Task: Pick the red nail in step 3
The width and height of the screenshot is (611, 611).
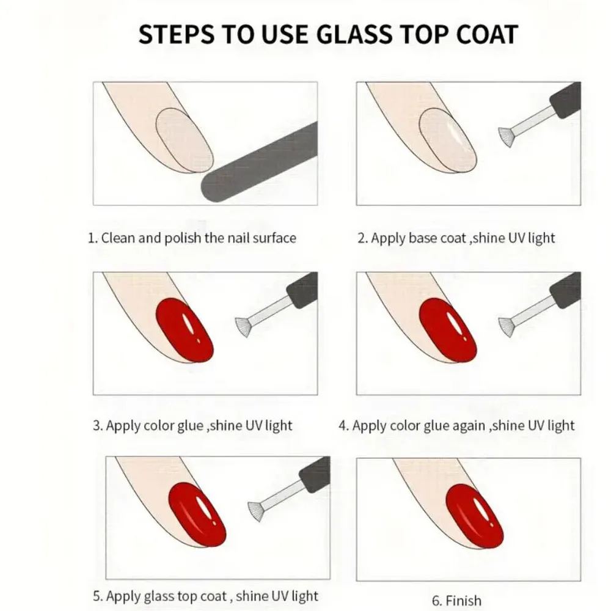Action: tap(185, 330)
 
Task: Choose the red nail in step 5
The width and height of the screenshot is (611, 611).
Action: tap(197, 513)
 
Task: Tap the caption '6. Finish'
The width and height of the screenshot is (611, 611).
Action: tap(456, 601)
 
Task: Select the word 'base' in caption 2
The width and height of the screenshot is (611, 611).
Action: tap(423, 238)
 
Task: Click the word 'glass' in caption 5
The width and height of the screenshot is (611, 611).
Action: tap(161, 596)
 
